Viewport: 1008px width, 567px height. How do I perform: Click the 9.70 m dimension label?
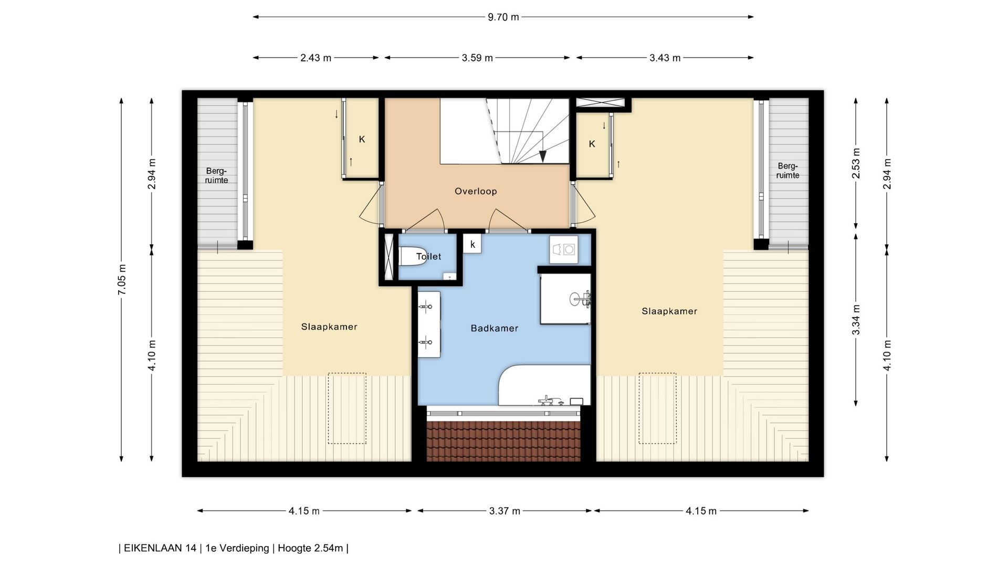[x=503, y=17]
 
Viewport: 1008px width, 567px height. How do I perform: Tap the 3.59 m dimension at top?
[x=477, y=58]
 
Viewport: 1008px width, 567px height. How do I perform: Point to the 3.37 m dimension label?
[x=505, y=511]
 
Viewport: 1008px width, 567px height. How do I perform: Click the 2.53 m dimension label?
[x=856, y=163]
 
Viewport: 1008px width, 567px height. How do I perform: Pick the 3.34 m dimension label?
[x=856, y=320]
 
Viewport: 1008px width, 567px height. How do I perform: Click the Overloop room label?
[x=476, y=191]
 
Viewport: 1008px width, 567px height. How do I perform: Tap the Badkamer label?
[x=495, y=329]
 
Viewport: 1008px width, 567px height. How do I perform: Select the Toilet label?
[x=428, y=257]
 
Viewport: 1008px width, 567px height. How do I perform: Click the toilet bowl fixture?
[x=413, y=256]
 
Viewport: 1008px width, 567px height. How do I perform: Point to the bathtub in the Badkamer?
[x=544, y=385]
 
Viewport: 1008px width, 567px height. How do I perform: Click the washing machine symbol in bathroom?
[x=564, y=249]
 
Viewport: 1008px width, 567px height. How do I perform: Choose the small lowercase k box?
[x=472, y=244]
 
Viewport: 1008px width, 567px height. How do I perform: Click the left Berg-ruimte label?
[x=217, y=175]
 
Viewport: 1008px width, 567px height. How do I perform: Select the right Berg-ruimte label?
[x=787, y=171]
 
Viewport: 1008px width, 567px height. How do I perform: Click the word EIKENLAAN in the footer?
[x=153, y=549]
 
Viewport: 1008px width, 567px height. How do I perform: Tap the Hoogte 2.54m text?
[x=310, y=549]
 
